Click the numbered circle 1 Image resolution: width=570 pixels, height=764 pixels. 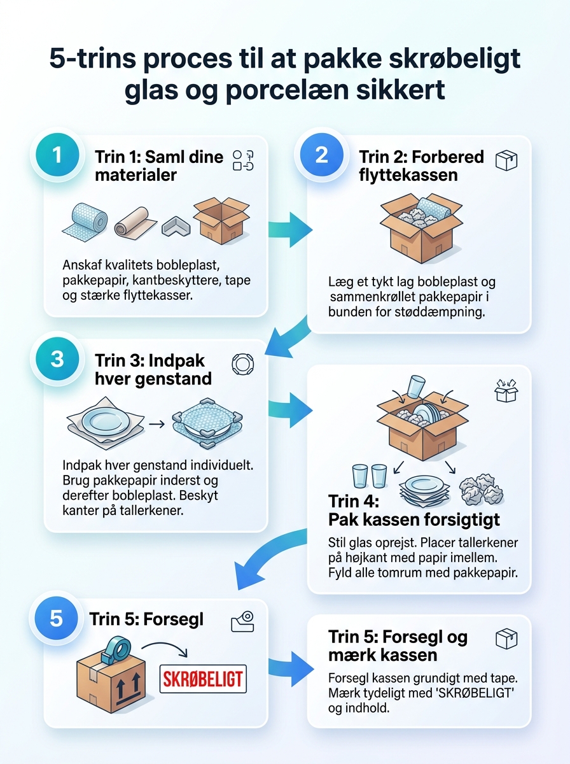(57, 155)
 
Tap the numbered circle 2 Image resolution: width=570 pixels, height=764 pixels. (321, 155)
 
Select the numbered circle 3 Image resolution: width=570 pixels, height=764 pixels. (57, 358)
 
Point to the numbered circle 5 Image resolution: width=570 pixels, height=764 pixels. (56, 618)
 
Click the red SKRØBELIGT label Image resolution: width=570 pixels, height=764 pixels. (203, 679)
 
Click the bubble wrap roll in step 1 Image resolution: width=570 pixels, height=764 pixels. (85, 221)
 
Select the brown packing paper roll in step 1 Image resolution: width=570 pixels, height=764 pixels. (135, 223)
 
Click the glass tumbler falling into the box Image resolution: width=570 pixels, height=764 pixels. (415, 386)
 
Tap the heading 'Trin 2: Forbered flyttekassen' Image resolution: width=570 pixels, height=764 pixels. (421, 166)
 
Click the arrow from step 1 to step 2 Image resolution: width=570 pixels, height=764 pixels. (290, 230)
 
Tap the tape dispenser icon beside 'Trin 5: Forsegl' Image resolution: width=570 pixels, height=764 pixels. (242, 621)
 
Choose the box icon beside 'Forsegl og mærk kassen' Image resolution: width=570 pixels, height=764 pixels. (506, 639)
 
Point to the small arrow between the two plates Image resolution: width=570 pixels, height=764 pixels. (157, 424)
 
